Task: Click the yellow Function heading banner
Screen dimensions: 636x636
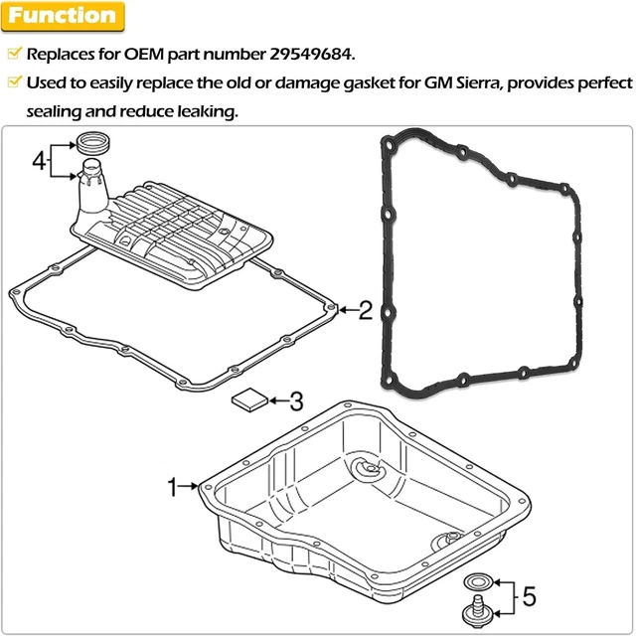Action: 62,16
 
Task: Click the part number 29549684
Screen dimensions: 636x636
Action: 301,53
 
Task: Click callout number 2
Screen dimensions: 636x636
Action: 365,311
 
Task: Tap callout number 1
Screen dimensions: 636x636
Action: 172,487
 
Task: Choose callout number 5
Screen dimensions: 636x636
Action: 529,596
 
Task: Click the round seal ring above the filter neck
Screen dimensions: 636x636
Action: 95,140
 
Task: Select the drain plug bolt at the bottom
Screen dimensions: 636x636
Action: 474,612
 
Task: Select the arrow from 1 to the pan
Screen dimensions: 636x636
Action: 191,487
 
